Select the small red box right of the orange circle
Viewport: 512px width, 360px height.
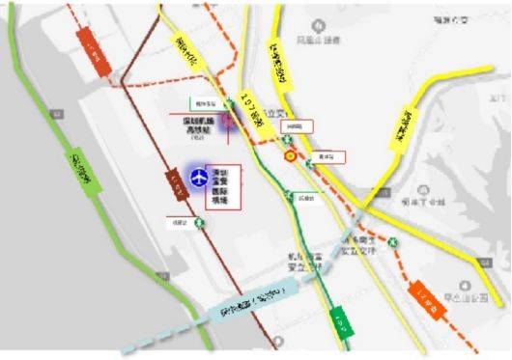[x=329, y=155]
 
